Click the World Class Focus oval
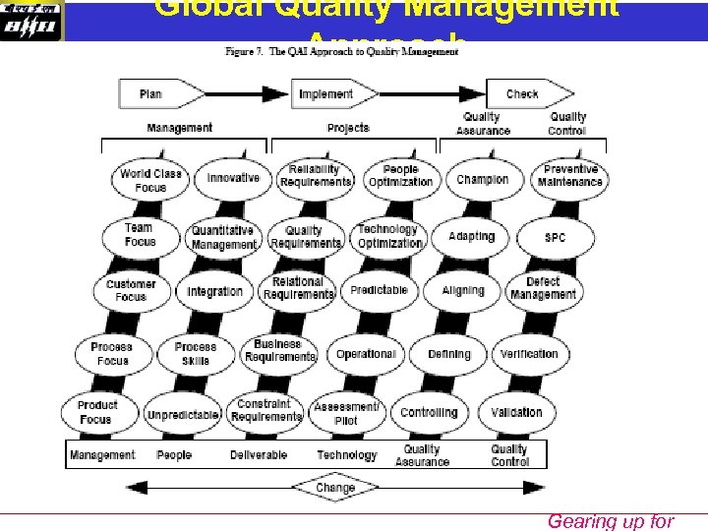tap(150, 181)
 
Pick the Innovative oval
tap(233, 179)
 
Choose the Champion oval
tap(483, 180)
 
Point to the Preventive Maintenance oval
tap(570, 177)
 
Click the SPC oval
tap(555, 238)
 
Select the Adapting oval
tap(471, 237)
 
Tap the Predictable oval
tap(379, 291)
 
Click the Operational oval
tap(366, 354)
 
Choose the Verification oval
tap(528, 354)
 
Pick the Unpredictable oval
tap(182, 415)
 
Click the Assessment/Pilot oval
tap(346, 414)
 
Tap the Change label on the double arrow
tap(335, 488)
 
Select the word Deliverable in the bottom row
tap(259, 455)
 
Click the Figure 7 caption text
tap(341, 52)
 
